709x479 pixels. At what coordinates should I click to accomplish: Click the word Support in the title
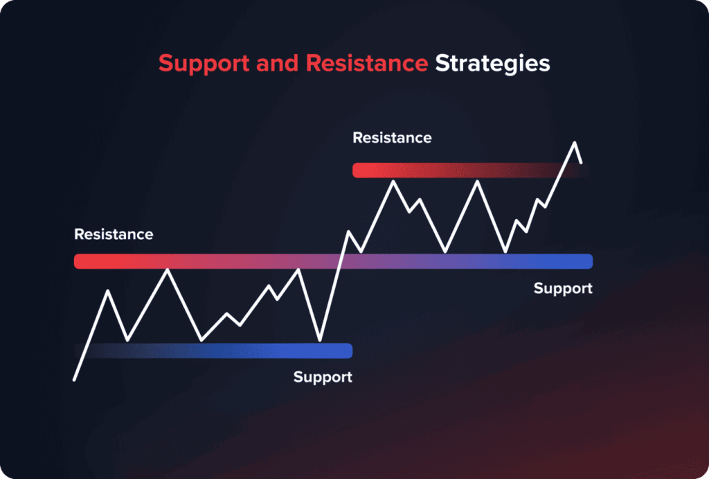204,63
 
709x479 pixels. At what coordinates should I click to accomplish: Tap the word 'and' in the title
277,62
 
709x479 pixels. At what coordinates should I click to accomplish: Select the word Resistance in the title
367,62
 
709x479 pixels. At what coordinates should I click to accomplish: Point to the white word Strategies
492,63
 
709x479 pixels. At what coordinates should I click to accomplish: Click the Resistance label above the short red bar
392,138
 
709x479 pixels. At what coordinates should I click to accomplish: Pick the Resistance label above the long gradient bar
114,234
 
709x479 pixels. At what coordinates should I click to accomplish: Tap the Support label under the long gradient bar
563,288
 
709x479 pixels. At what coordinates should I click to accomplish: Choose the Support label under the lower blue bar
323,377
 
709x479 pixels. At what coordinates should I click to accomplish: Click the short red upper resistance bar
467,171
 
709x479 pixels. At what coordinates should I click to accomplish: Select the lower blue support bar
213,351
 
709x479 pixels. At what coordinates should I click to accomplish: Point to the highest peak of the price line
575,143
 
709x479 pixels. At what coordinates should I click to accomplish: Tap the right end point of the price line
581,162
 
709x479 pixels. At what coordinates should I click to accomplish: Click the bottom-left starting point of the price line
74,380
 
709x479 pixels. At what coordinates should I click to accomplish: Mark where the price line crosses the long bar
341,261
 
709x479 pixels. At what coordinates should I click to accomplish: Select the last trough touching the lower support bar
320,340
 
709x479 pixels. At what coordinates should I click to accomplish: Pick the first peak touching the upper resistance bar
393,181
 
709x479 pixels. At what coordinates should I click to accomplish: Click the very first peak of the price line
108,290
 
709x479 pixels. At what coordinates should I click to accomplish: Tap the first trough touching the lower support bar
127,340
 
